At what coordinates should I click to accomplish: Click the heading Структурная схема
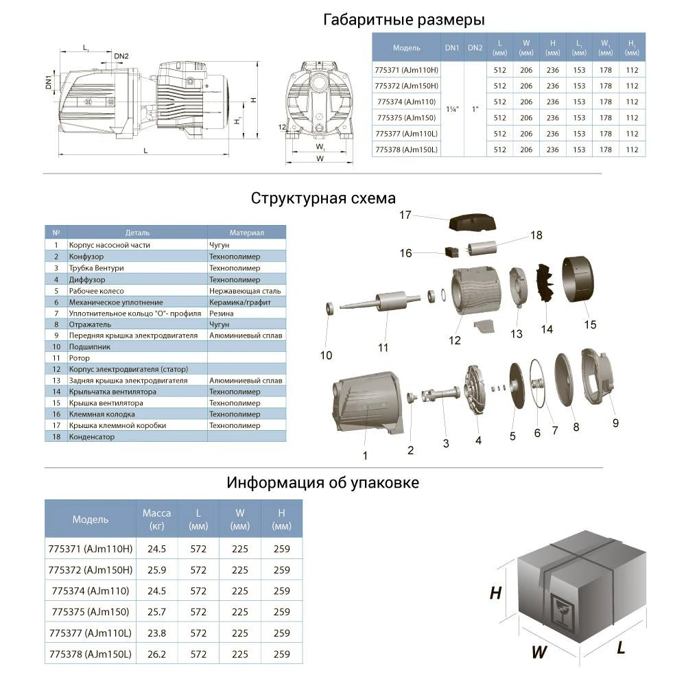323,198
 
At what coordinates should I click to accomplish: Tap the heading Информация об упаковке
322,482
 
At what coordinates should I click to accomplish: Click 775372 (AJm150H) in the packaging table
90,570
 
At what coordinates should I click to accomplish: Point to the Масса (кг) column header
156,519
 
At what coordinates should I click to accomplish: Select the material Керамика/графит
244,302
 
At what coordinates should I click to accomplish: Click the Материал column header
246,233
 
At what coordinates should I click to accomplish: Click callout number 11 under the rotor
383,347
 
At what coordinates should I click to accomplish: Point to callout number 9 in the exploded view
615,423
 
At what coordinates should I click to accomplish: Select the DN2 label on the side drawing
121,56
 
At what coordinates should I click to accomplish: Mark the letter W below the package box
539,652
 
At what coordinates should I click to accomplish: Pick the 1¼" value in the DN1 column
452,109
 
